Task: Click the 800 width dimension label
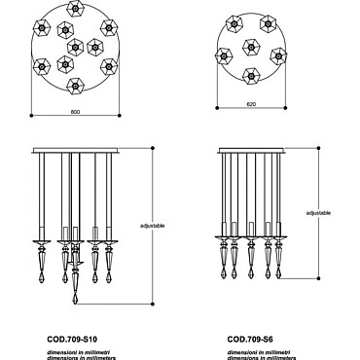(75, 112)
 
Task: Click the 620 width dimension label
(251, 104)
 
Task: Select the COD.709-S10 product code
(72, 340)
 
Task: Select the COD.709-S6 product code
(250, 340)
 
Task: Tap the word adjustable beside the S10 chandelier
(153, 226)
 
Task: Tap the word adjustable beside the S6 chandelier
(318, 213)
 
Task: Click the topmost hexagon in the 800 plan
(76, 8)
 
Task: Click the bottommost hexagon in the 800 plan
(75, 86)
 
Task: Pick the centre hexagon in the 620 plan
(251, 48)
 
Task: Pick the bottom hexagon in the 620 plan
(251, 76)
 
